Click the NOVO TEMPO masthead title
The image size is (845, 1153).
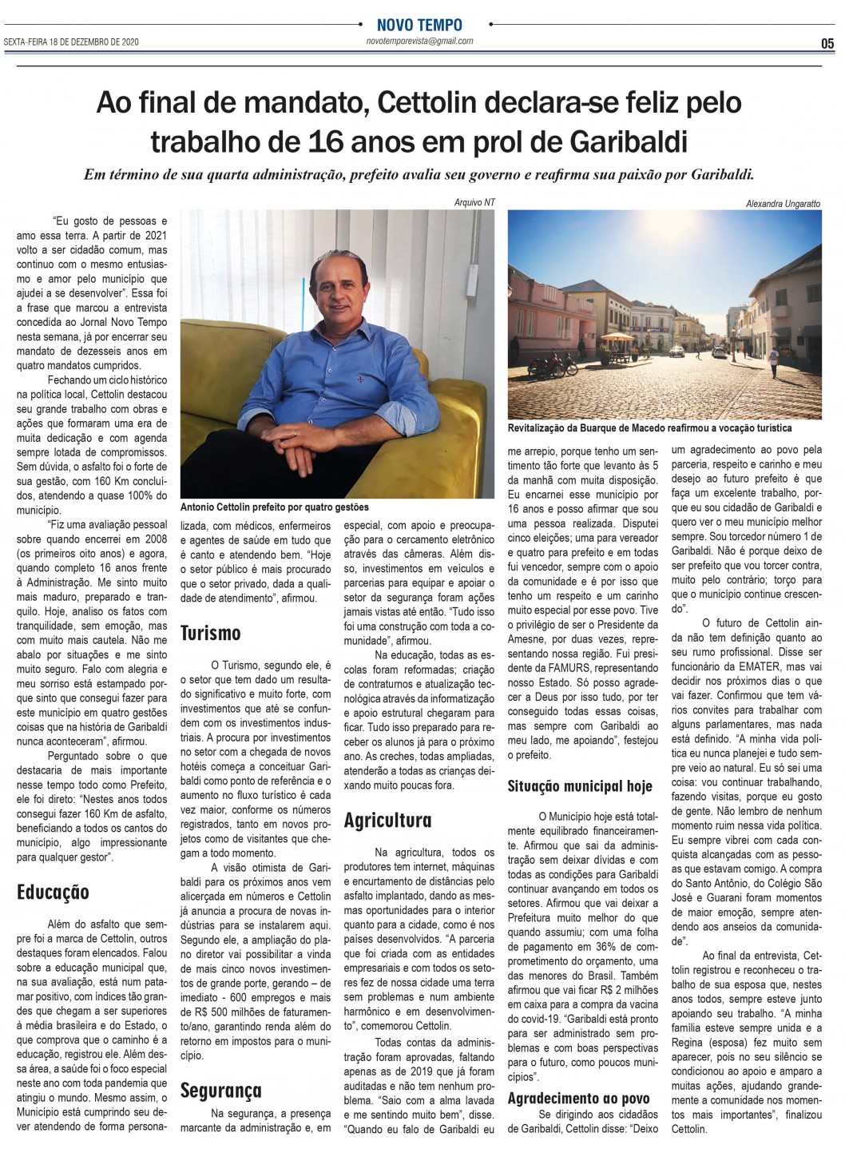pyautogui.click(x=420, y=25)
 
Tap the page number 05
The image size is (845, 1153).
pyautogui.click(x=827, y=42)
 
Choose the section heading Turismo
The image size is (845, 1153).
pyautogui.click(x=211, y=633)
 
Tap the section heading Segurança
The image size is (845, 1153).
pyautogui.click(x=220, y=1090)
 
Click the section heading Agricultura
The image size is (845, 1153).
pyautogui.click(x=388, y=820)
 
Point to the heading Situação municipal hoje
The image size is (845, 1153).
pyautogui.click(x=581, y=786)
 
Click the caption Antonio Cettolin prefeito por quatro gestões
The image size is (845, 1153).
pyautogui.click(x=276, y=507)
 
